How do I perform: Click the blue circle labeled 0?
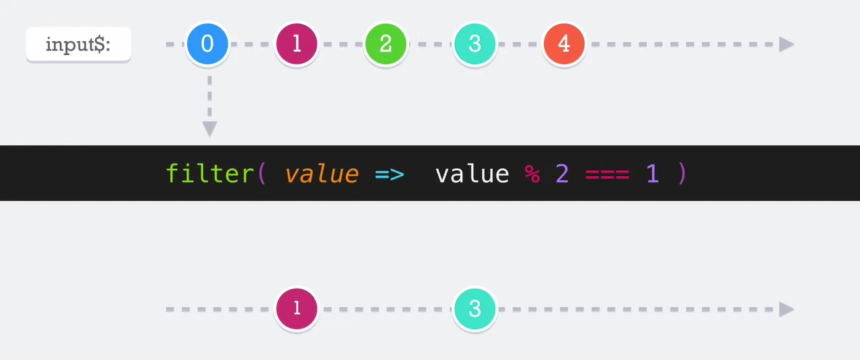207,44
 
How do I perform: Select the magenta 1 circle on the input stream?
297,44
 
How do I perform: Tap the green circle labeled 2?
386,44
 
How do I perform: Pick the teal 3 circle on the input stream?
475,44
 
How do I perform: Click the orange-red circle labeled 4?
564,44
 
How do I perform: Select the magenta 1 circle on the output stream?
297,309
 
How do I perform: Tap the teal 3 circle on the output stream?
475,309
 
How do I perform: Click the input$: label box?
78,44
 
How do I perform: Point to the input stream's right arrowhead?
786,44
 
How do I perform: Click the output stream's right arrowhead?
786,310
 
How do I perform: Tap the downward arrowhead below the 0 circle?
210,129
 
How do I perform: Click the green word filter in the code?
210,174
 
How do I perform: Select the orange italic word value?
322,174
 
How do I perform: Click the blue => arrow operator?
390,175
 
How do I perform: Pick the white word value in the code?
472,174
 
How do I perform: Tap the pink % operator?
532,174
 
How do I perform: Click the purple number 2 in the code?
562,174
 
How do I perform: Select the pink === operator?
607,175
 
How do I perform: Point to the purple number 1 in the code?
653,174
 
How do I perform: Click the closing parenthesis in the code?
682,174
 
